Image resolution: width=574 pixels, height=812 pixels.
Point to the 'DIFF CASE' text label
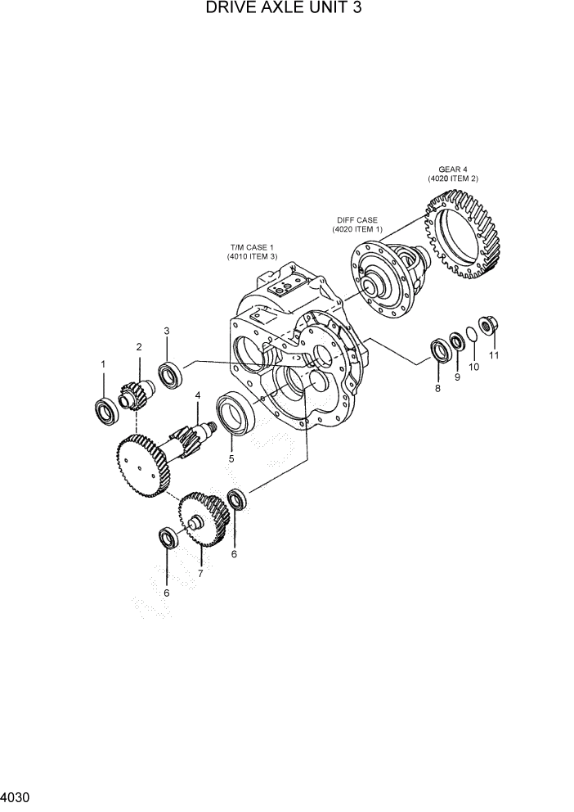357,219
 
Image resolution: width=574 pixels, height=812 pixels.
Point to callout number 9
457,377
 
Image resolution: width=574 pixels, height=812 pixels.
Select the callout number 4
197,396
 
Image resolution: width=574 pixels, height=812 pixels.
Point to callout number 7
200,574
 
